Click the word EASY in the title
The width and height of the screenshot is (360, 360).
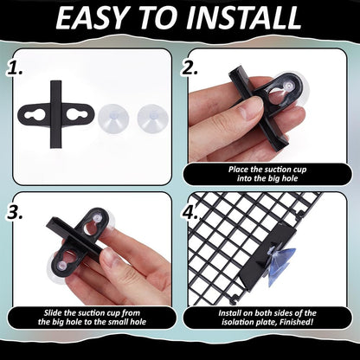[x=91, y=18]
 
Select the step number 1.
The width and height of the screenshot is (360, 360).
[x=15, y=69]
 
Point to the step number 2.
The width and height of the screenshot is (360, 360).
[x=190, y=68]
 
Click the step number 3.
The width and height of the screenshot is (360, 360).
[x=15, y=213]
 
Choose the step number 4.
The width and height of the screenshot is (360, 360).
[x=190, y=213]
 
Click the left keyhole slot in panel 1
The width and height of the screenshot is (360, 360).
[x=34, y=115]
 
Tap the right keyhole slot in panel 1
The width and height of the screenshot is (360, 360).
[x=77, y=115]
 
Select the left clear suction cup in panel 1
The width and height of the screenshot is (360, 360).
[x=112, y=119]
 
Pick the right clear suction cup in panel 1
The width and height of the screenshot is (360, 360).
[x=152, y=119]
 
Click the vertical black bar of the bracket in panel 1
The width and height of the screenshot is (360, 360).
[x=55, y=114]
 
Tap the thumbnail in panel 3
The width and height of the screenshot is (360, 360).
[x=110, y=258]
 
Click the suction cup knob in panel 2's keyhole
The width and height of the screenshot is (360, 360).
[x=288, y=85]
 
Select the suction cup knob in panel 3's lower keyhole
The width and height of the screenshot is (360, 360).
[x=62, y=266]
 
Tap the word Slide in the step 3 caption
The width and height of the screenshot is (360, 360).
[x=53, y=313]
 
